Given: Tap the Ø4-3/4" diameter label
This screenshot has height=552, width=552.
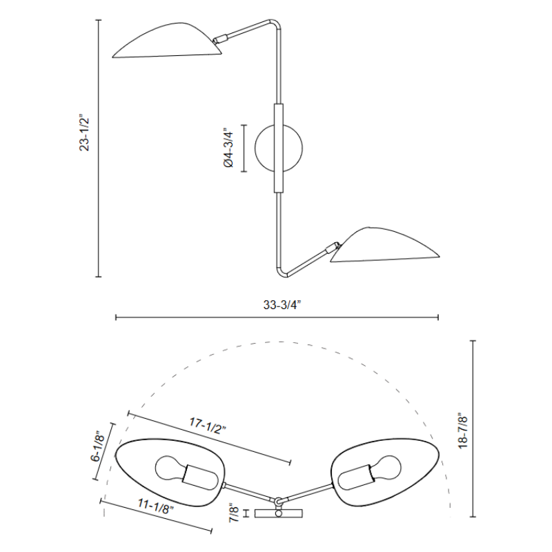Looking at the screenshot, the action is click(x=228, y=148).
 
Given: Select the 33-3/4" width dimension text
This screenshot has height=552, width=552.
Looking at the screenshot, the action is click(x=282, y=304).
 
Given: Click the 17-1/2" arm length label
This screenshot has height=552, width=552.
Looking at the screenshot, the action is click(x=208, y=426).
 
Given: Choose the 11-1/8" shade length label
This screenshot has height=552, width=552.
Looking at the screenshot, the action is click(x=156, y=506).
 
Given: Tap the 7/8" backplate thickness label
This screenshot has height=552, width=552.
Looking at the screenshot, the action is click(x=234, y=513).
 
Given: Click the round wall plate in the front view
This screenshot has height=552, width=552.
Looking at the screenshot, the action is click(x=279, y=148).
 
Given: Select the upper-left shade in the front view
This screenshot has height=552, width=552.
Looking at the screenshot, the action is click(x=167, y=41).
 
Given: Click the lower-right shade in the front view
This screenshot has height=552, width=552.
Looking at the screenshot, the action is click(x=385, y=245).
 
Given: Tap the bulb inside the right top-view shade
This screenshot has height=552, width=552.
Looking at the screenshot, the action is click(x=369, y=473).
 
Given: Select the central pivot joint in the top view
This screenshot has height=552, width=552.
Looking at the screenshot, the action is click(x=278, y=501).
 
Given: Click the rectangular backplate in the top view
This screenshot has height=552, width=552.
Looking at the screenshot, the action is click(x=279, y=513).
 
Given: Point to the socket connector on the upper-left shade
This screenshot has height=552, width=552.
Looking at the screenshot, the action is click(x=219, y=39).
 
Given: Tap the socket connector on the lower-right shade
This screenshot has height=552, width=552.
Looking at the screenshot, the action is click(x=333, y=247).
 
